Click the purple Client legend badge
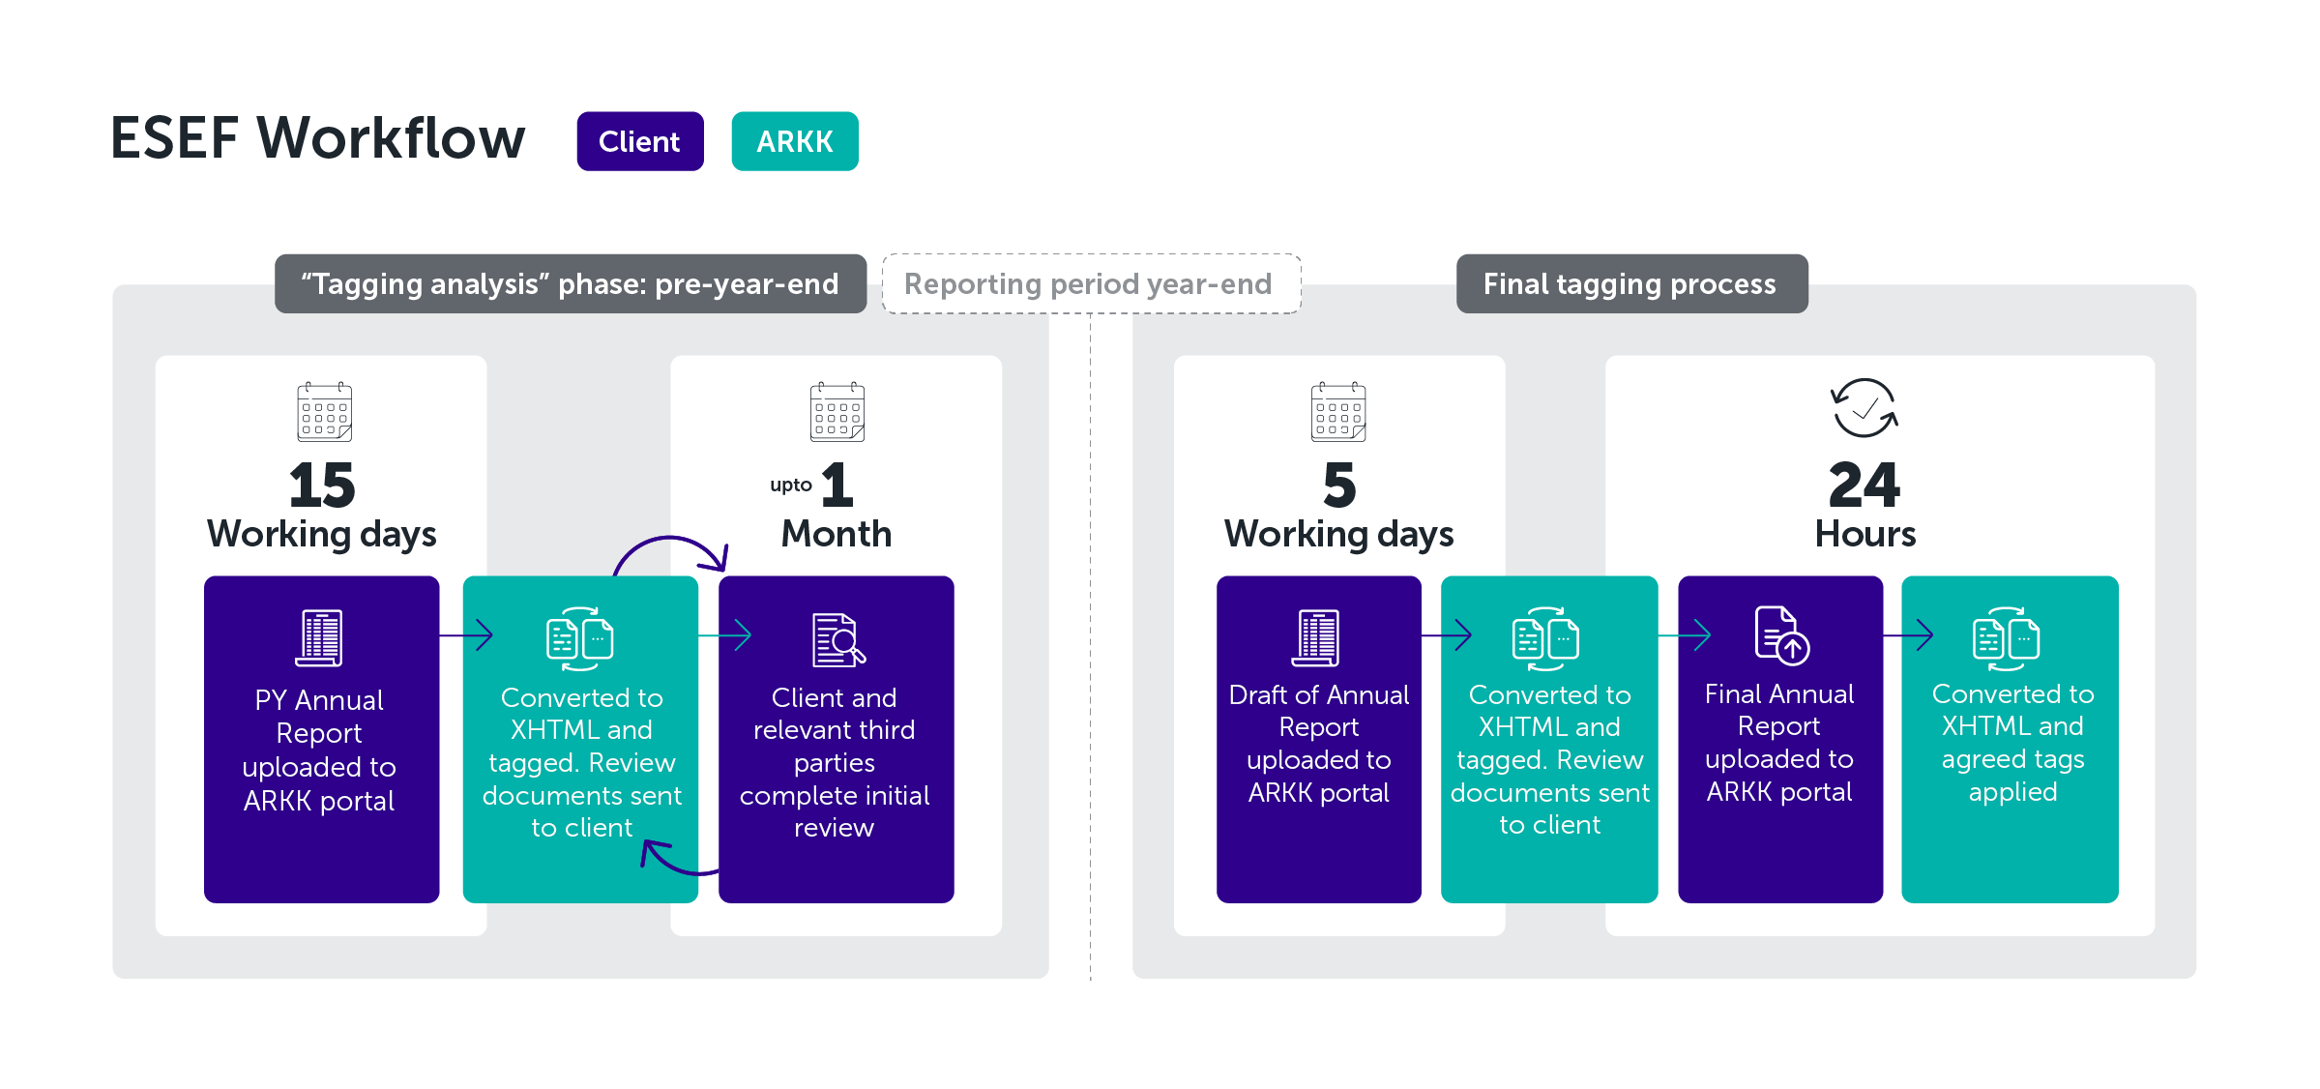[x=639, y=141]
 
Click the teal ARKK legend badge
[x=794, y=141]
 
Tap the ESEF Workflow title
[x=318, y=137]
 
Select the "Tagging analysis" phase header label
[x=570, y=283]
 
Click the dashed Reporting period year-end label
[x=1090, y=283]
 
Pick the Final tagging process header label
[x=1630, y=283]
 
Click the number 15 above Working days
[x=322, y=485]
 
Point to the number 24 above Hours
[x=1864, y=485]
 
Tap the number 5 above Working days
[x=1338, y=485]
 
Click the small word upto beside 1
[x=790, y=485]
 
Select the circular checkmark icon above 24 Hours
[x=1864, y=407]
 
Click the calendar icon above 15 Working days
[x=324, y=412]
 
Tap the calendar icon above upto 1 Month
[x=837, y=412]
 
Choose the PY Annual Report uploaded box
[x=321, y=739]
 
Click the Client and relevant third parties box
[x=836, y=739]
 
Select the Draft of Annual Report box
[x=1318, y=739]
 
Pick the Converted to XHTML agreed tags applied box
[x=2010, y=739]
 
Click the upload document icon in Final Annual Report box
[x=1781, y=635]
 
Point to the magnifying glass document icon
[x=837, y=639]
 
